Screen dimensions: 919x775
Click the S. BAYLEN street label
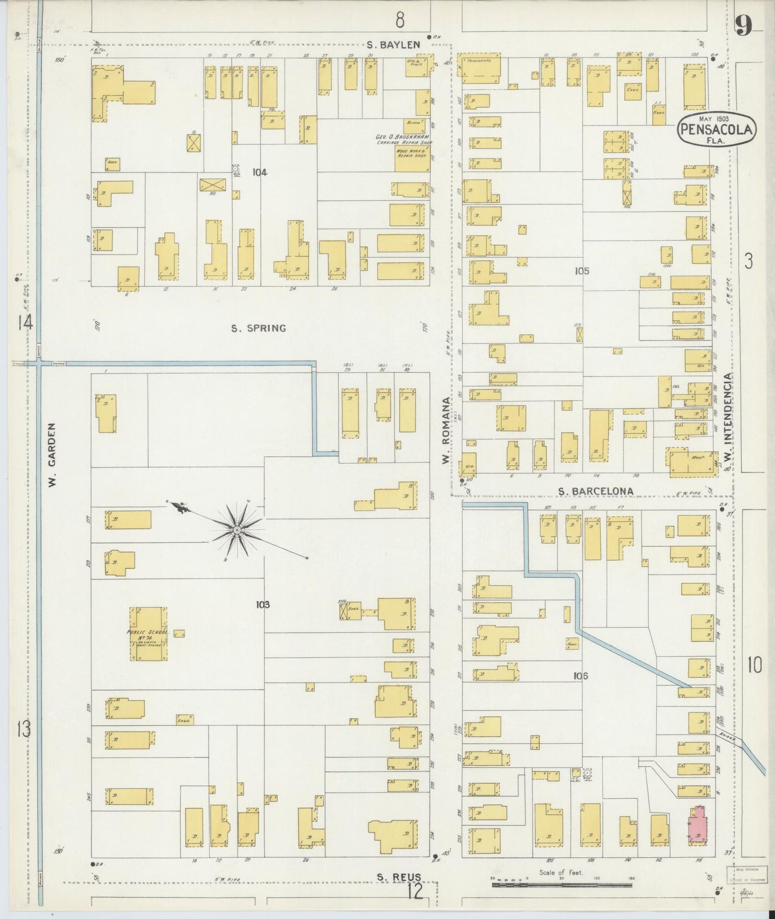pos(393,45)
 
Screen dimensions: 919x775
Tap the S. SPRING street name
pos(259,328)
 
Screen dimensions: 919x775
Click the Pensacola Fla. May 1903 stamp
pos(717,129)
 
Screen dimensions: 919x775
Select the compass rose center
pos(237,530)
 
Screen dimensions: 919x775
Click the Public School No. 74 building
pos(147,634)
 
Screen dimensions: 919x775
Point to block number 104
pos(260,172)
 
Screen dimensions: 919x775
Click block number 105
pos(582,271)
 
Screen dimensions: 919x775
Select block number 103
pos(262,604)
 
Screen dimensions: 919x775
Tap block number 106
pos(580,676)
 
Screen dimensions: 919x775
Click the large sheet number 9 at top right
pos(743,25)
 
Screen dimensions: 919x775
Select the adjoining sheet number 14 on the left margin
pos(25,323)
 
